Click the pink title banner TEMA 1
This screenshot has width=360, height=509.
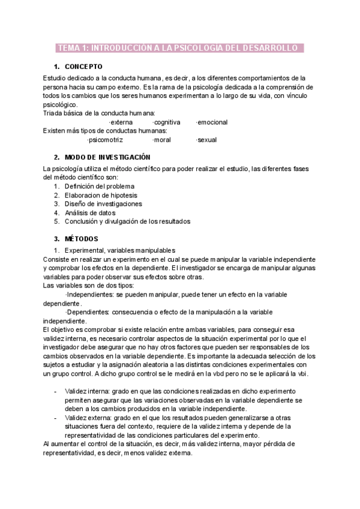179,48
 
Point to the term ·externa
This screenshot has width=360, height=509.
121,122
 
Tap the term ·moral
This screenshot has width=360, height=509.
162,140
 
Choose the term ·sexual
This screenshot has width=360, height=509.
206,140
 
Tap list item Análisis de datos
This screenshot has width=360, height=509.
90,212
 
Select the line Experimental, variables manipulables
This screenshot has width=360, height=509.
120,250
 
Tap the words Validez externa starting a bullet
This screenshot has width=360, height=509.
86,417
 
